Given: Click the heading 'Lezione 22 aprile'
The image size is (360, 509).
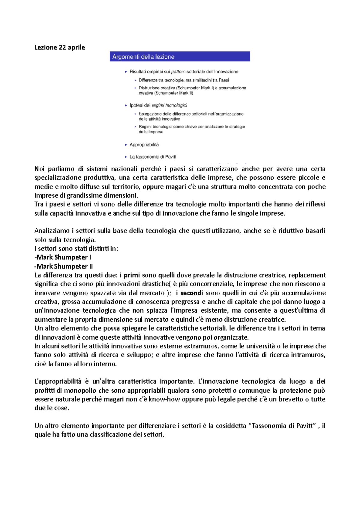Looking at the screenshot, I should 60,47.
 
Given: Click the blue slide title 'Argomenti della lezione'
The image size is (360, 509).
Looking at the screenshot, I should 143,57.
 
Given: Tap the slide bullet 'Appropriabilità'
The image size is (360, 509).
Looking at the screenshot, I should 144,145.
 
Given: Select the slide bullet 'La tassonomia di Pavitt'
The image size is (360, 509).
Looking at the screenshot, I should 153,157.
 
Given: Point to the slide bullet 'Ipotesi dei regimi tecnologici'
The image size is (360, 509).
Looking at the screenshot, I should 158,105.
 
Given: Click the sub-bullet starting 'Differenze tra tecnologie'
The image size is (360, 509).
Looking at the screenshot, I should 184,80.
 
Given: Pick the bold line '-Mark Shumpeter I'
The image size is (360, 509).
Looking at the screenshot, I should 63,257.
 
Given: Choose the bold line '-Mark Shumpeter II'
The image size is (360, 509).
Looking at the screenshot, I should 64,266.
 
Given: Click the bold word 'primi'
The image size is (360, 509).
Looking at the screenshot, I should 132,275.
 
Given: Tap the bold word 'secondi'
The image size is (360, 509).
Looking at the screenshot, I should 191,293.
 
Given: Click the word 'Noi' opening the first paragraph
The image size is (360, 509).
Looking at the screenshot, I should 39,169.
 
